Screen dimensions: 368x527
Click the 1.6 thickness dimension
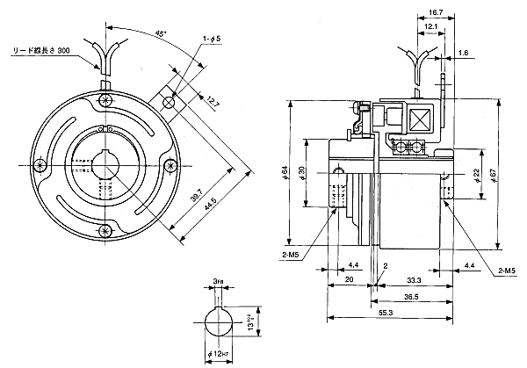click(x=462, y=54)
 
